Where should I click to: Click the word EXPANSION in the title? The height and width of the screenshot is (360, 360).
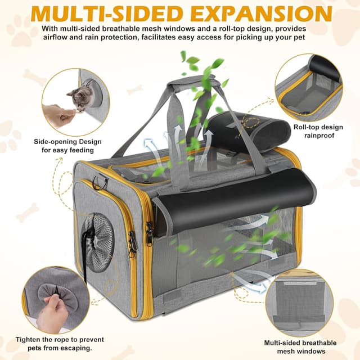[264, 13]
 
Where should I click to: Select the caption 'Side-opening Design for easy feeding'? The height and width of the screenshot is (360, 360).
[67, 146]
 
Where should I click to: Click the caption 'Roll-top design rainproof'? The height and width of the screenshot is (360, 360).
[319, 131]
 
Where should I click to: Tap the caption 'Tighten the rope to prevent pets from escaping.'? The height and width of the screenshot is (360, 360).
[60, 344]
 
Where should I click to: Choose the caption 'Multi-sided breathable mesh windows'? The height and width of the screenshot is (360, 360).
[300, 347]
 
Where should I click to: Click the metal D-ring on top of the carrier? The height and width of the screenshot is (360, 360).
[100, 182]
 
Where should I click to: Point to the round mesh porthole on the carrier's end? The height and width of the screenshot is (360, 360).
[98, 242]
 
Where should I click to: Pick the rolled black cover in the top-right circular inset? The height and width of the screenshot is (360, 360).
[326, 69]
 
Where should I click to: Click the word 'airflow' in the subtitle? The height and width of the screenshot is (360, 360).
[55, 37]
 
